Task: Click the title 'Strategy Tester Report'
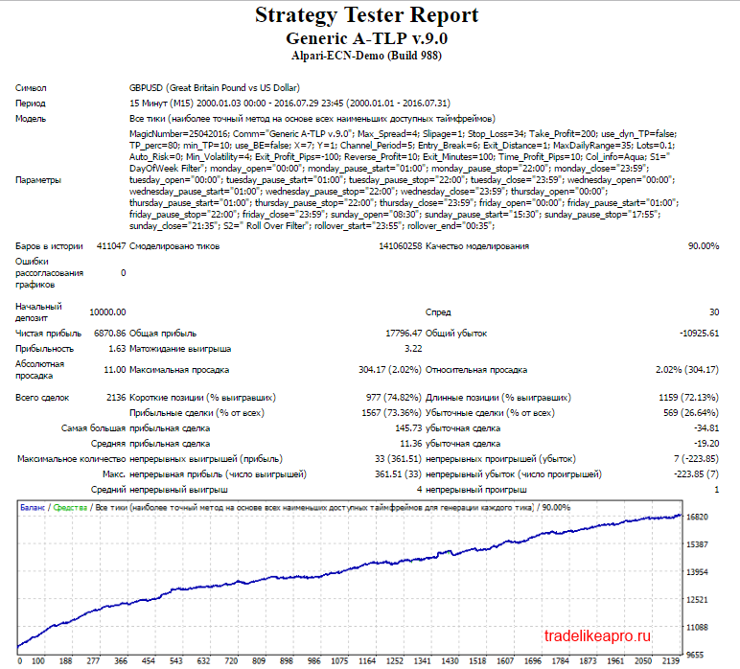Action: click(x=367, y=15)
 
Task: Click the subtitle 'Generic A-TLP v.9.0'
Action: click(x=367, y=38)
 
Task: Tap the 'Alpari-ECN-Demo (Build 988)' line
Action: click(x=367, y=56)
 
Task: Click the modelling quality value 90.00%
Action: click(x=704, y=245)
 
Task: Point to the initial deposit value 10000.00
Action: click(x=107, y=311)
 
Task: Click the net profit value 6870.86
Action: click(x=110, y=334)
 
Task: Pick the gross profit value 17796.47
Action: click(x=404, y=334)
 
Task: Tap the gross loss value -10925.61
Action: click(x=700, y=334)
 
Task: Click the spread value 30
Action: click(x=714, y=311)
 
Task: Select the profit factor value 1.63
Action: click(x=117, y=349)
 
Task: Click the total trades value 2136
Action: click(x=116, y=397)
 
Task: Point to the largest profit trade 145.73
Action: click(x=408, y=427)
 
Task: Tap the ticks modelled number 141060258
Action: click(x=401, y=245)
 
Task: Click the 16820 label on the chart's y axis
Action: click(x=697, y=517)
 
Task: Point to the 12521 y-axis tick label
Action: click(x=697, y=600)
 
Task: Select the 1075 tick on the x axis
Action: click(x=339, y=660)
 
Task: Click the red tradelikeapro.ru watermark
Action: click(x=597, y=636)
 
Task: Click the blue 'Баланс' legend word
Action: click(x=33, y=508)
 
